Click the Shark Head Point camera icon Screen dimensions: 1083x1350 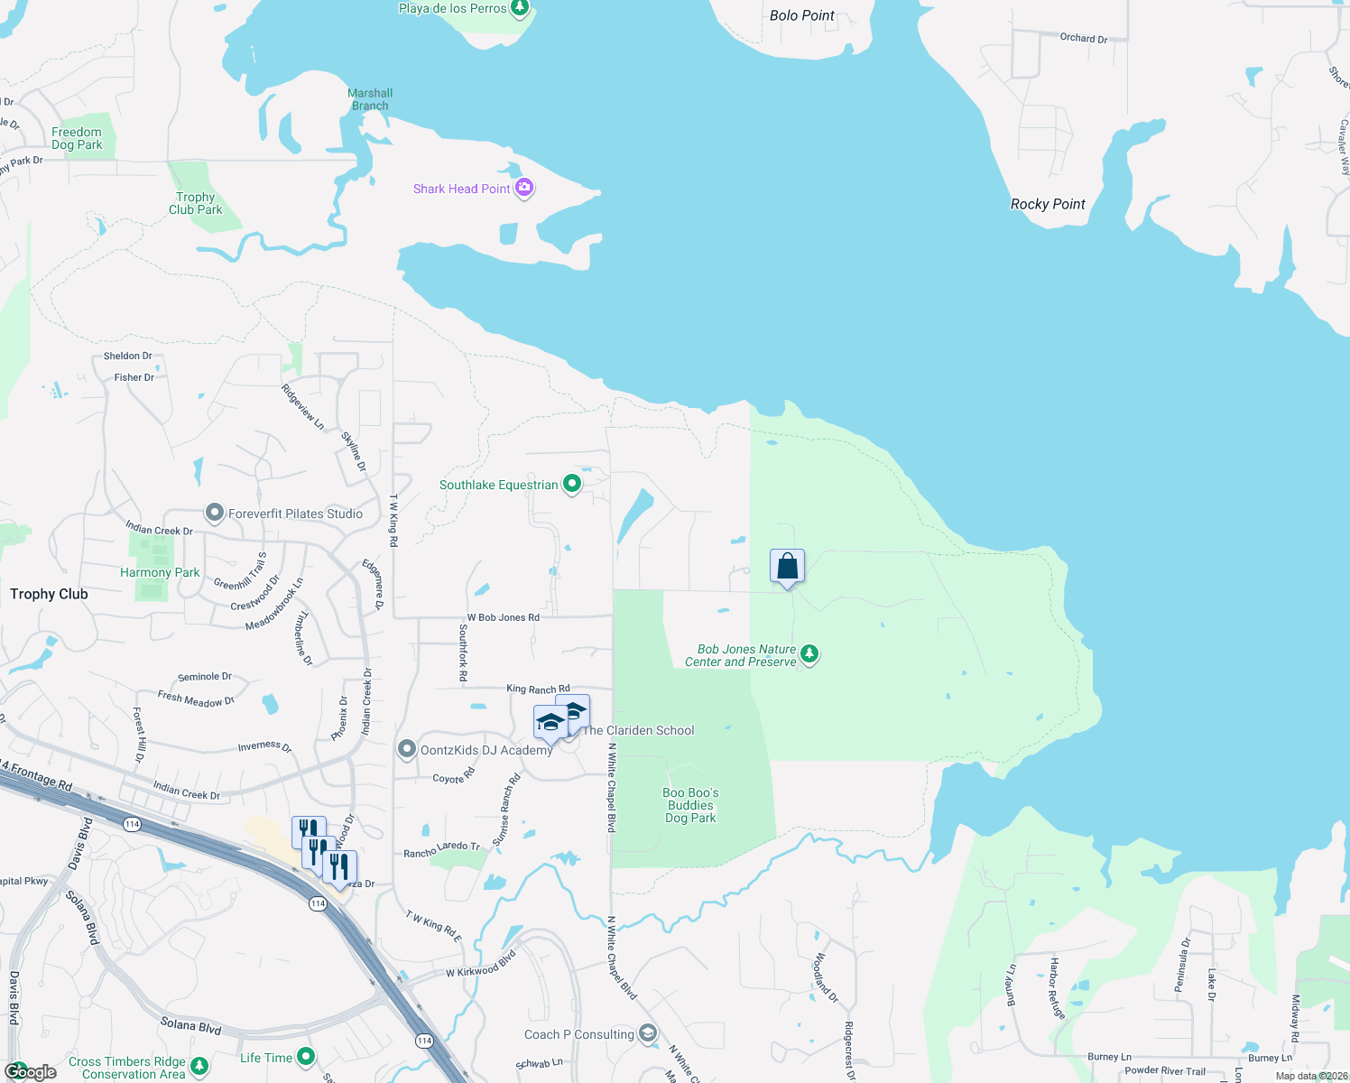(524, 188)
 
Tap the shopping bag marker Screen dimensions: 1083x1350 (787, 567)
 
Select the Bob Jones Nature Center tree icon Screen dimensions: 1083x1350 (809, 653)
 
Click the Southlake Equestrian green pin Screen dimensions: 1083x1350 (571, 484)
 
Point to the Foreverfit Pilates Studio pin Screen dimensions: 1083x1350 (214, 513)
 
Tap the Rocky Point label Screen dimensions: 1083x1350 (1048, 204)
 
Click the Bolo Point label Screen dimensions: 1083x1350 (801, 15)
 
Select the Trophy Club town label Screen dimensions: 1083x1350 (49, 594)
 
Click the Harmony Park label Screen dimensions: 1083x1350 (160, 572)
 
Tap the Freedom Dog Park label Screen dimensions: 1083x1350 (77, 138)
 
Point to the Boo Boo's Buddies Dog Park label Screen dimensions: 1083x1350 (690, 805)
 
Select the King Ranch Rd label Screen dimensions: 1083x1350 (538, 689)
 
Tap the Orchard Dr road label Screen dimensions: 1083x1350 (1083, 38)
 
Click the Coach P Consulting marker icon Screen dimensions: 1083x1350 (647, 1033)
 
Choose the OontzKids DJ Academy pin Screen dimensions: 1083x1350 (407, 749)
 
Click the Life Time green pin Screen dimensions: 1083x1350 (306, 1056)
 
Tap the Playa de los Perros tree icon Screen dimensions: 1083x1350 (519, 8)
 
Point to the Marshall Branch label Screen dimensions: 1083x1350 (370, 99)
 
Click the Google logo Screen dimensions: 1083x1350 (31, 1071)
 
